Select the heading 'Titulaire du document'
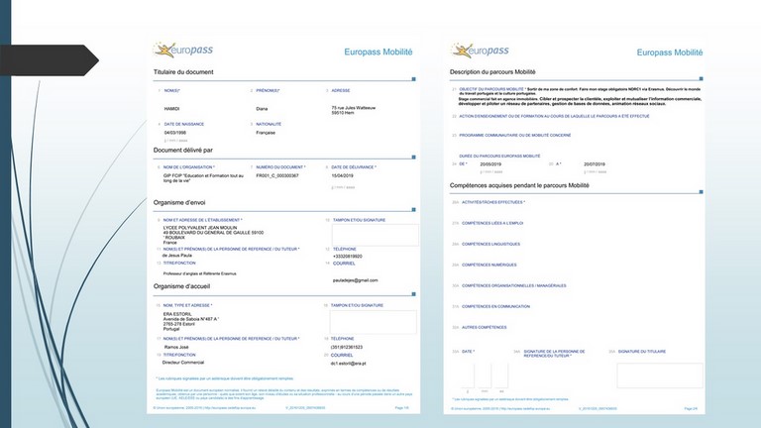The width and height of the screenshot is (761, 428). coord(183,72)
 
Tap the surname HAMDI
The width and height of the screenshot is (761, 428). coord(173,107)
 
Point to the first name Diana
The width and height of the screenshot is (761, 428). coord(263,107)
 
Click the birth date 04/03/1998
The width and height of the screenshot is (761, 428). coord(175,132)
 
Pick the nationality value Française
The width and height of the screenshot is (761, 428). coord(266,132)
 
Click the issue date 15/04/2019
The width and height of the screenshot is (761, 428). coord(344,174)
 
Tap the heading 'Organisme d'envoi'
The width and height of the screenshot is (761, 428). coord(185,202)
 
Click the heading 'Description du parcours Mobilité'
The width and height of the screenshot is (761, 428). coord(492,72)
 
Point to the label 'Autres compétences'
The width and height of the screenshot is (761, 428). coord(485,327)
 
